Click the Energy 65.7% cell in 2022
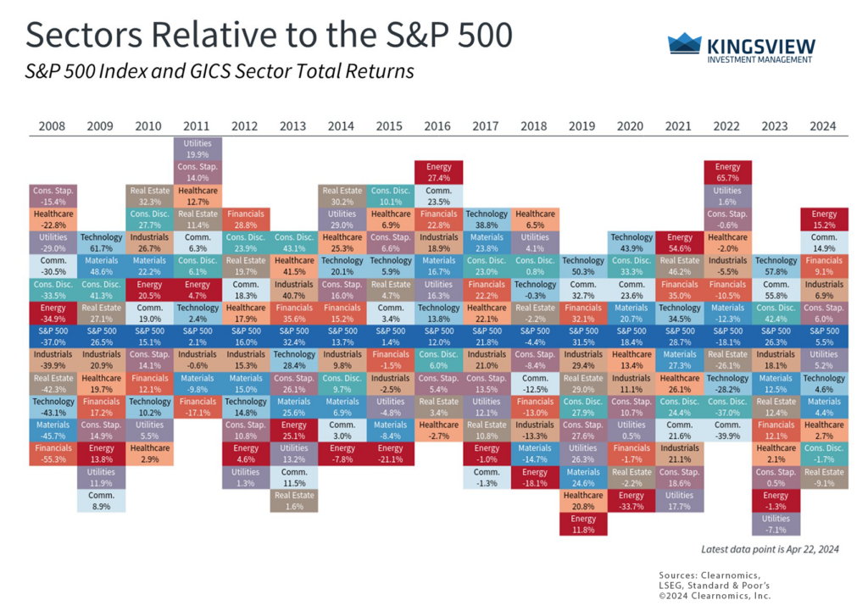point(727,172)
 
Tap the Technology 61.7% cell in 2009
point(101,242)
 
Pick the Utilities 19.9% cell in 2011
point(198,149)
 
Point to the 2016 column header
point(438,126)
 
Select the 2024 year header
point(823,126)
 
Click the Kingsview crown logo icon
point(684,43)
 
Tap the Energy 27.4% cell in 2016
point(438,172)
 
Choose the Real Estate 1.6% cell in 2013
point(293,501)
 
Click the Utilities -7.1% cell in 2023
point(776,524)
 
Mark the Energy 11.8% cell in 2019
point(582,524)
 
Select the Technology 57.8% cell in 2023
point(776,266)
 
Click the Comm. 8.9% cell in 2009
point(101,501)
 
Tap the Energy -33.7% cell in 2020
point(631,501)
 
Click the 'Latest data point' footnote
point(770,549)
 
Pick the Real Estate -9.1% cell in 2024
point(823,477)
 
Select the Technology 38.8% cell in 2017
point(487,219)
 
